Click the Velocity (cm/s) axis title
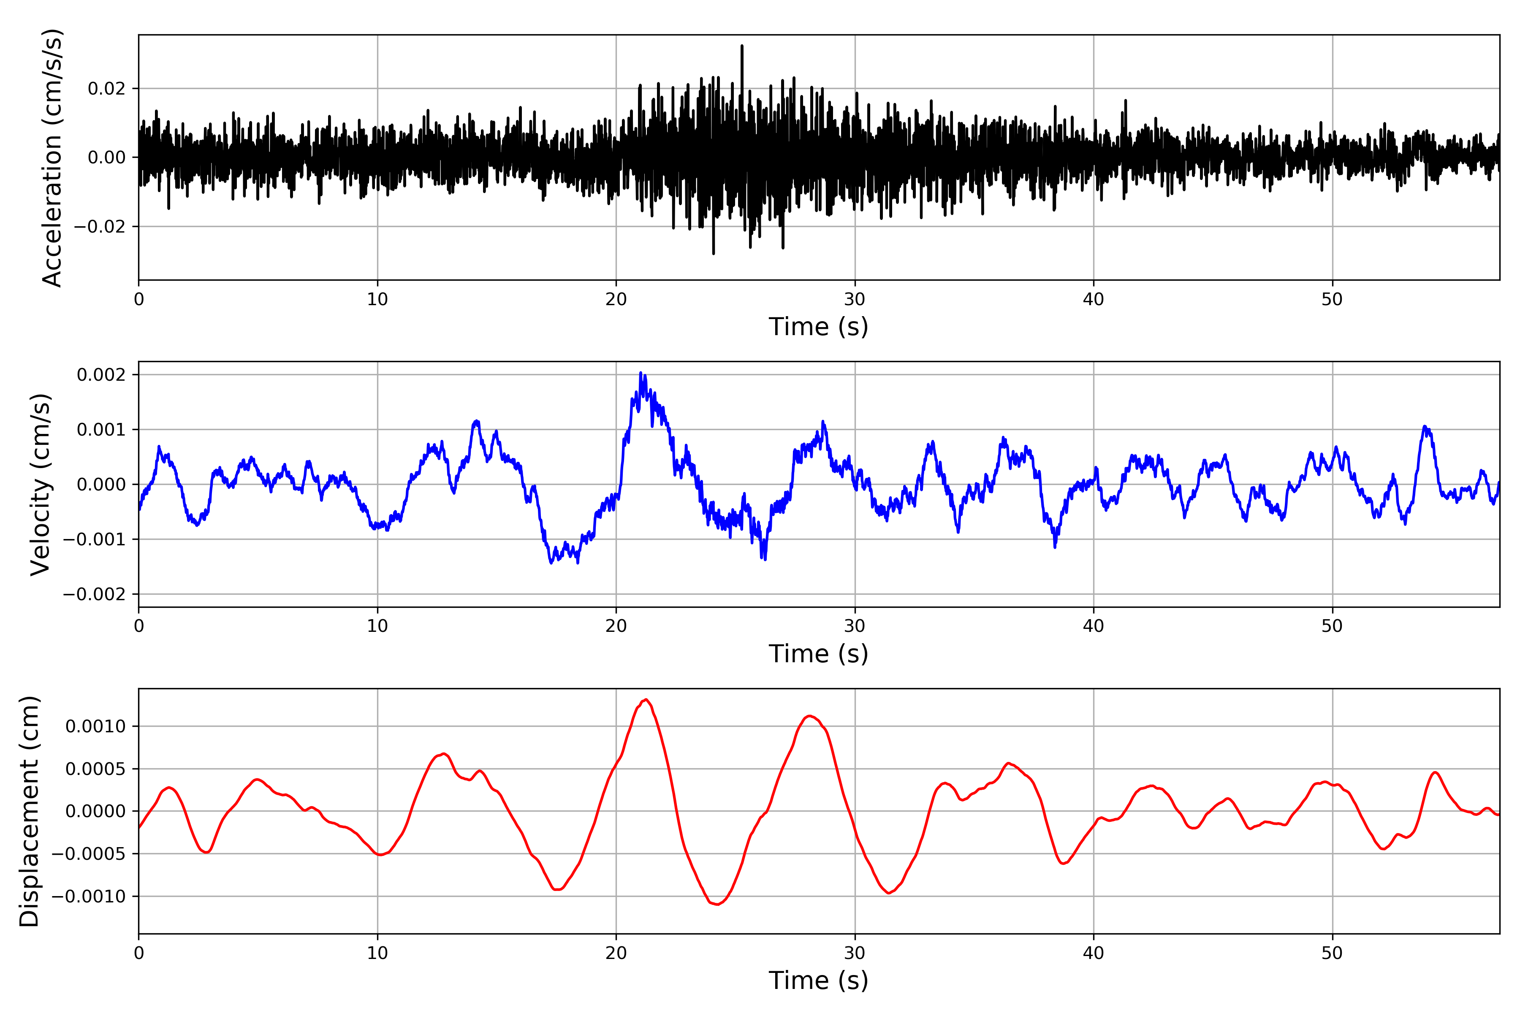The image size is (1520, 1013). pyautogui.click(x=40, y=485)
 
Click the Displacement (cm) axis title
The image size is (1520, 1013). pyautogui.click(x=29, y=811)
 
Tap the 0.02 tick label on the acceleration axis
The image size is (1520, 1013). pyautogui.click(x=107, y=89)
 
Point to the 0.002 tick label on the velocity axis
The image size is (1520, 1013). pyautogui.click(x=101, y=375)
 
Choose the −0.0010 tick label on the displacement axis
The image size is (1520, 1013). pyautogui.click(x=89, y=897)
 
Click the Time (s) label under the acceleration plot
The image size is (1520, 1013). pyautogui.click(x=818, y=327)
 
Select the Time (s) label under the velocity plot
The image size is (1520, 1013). pyautogui.click(x=818, y=654)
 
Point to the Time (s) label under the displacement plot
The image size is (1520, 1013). pyautogui.click(x=818, y=980)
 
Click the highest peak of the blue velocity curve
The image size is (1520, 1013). pyautogui.click(x=641, y=373)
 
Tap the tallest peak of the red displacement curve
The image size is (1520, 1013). pyautogui.click(x=646, y=700)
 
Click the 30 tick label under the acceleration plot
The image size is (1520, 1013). pyautogui.click(x=854, y=300)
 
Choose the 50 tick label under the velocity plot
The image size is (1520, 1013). pyautogui.click(x=1332, y=626)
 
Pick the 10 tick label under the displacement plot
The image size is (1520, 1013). pyautogui.click(x=377, y=953)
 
